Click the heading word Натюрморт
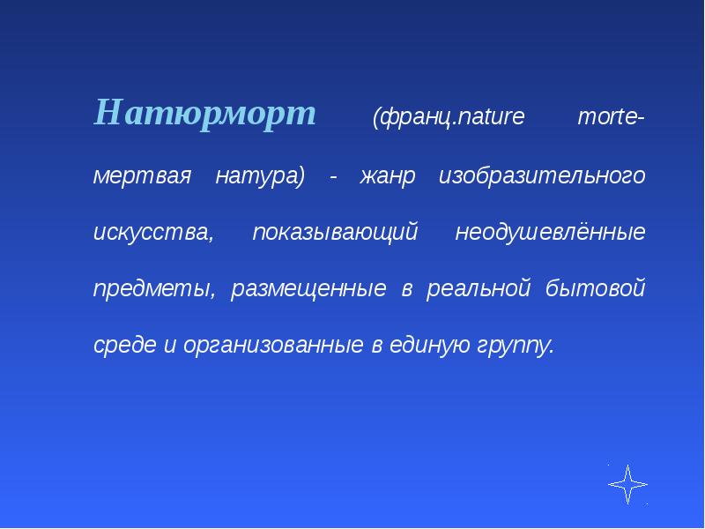[205, 114]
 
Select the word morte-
[611, 116]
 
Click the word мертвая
[142, 175]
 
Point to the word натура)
[260, 175]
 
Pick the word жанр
[387, 175]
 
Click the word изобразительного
[542, 175]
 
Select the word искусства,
[153, 232]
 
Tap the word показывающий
[335, 232]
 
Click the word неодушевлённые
[550, 232]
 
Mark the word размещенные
[308, 288]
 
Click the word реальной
[478, 288]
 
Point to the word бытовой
[596, 287]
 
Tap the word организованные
[273, 346]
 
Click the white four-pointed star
[627, 484]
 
